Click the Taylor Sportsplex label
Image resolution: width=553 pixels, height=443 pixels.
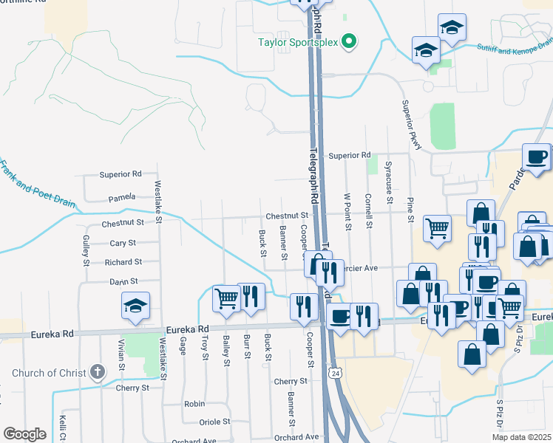click(x=298, y=42)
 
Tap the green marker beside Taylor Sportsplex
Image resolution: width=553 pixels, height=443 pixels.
click(x=352, y=42)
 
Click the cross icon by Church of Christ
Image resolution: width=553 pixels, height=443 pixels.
click(x=97, y=371)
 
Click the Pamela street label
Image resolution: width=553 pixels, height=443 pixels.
click(x=122, y=197)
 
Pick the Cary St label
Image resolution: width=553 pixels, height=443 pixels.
click(x=123, y=242)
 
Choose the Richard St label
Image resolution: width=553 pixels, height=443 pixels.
click(x=123, y=262)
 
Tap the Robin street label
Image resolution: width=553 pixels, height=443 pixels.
click(x=194, y=404)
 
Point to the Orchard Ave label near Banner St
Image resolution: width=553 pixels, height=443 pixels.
click(x=295, y=437)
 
